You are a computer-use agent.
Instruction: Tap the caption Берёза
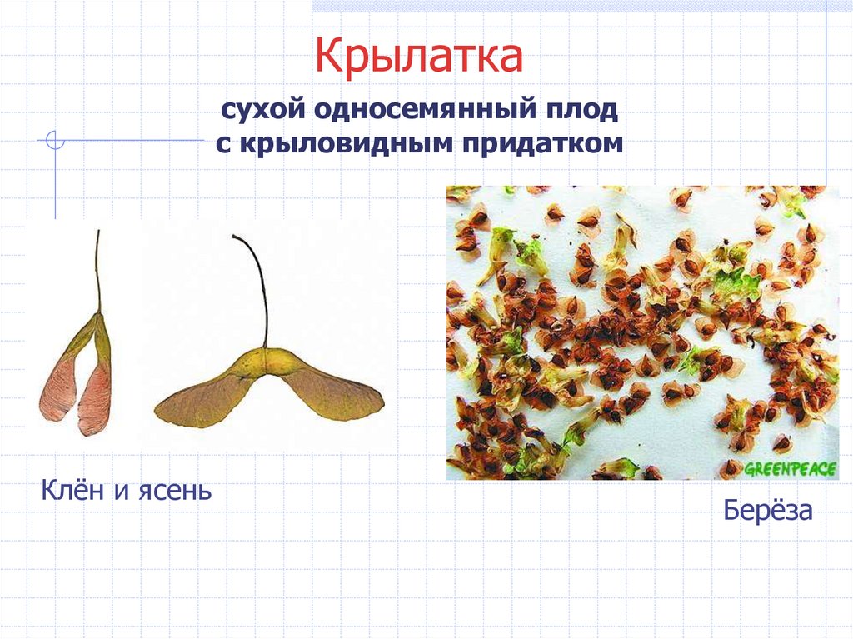pyautogui.click(x=767, y=510)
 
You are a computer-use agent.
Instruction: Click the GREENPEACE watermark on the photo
pyautogui.click(x=789, y=469)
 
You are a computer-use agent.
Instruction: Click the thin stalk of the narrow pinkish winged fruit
pyautogui.click(x=97, y=267)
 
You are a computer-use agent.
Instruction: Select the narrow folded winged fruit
pyautogui.click(x=79, y=367)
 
